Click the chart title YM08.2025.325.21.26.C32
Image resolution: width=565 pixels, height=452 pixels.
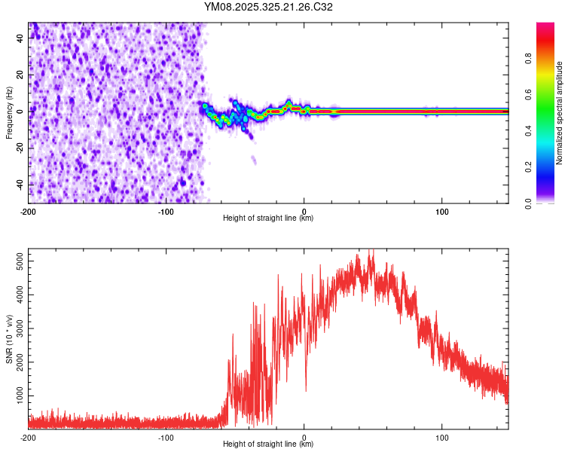[x=268, y=8]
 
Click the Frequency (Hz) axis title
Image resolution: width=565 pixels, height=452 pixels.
[x=9, y=111]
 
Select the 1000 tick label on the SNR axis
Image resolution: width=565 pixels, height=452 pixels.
[x=17, y=395]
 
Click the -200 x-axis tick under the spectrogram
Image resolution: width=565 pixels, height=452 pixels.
[x=29, y=211]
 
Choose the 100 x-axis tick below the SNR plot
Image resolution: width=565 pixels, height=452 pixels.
[x=442, y=437]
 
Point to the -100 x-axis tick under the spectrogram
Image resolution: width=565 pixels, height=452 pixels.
[x=166, y=211]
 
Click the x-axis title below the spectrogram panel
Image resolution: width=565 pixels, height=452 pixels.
[x=268, y=218]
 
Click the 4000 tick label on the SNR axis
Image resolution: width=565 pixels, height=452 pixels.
[x=17, y=295]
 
